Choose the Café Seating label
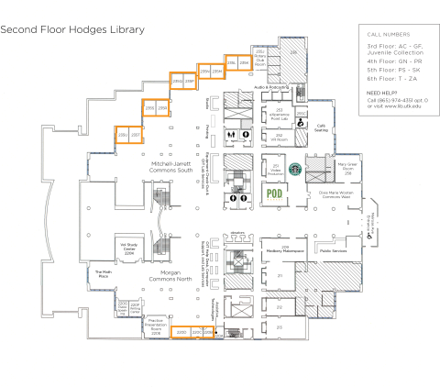pyautogui.click(x=321, y=127)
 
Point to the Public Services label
pyautogui.click(x=332, y=249)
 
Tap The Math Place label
pyautogui.click(x=103, y=272)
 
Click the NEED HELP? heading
pyautogui.click(x=382, y=94)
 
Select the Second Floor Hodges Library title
pyautogui.click(x=72, y=29)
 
